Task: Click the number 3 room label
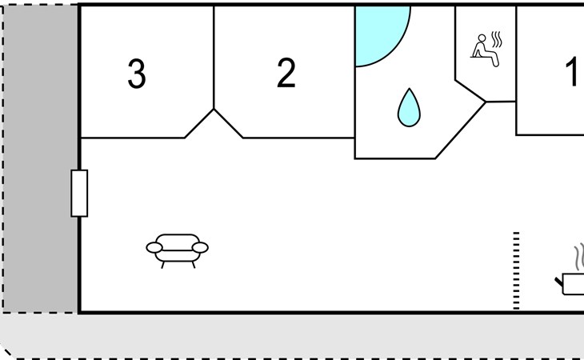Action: tap(137, 74)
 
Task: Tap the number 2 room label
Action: tap(286, 74)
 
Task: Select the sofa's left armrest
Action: tap(154, 248)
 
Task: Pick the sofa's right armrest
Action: tap(200, 248)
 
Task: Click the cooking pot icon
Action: tap(574, 283)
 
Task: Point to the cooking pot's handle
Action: tap(559, 280)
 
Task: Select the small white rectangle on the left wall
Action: tap(79, 193)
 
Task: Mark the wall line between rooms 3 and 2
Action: tap(214, 56)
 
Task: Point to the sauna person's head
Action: tap(482, 38)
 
